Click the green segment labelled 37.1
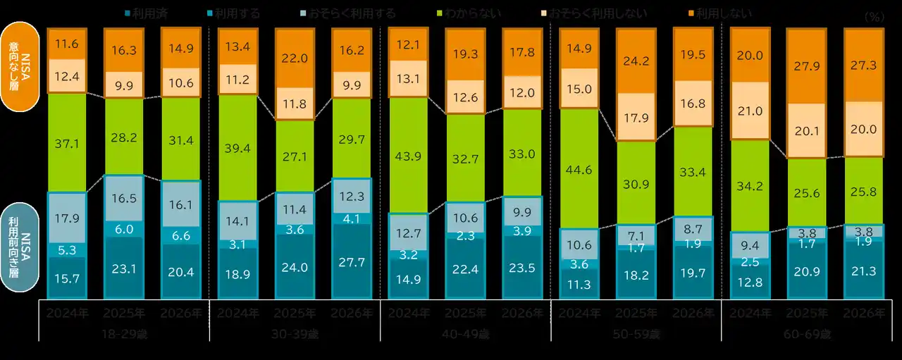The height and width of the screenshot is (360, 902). [67, 143]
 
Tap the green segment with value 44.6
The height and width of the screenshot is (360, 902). [579, 168]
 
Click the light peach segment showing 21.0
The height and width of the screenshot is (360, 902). [750, 111]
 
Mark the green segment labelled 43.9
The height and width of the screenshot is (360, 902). [409, 155]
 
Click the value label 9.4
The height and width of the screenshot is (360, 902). [750, 245]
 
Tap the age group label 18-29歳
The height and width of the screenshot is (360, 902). [124, 335]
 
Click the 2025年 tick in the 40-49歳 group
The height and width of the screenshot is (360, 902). [465, 313]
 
